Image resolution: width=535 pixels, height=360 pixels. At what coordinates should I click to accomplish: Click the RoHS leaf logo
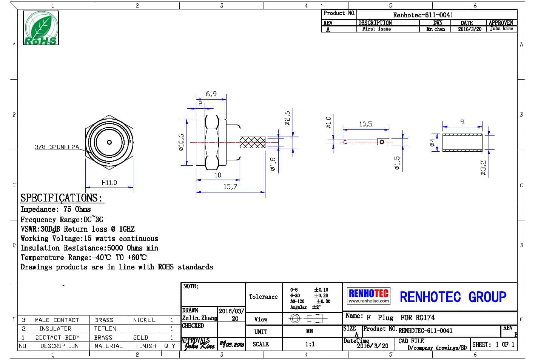click(x=41, y=28)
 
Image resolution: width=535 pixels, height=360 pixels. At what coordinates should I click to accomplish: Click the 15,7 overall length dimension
click(x=230, y=187)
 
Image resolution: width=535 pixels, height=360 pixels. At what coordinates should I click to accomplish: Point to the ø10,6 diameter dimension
click(x=182, y=142)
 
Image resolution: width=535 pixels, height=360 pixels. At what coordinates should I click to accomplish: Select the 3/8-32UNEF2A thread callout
click(x=57, y=147)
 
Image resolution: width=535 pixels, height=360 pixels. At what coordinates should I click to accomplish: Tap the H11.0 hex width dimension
click(x=109, y=183)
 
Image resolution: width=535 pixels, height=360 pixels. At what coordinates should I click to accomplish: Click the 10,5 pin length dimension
click(x=365, y=124)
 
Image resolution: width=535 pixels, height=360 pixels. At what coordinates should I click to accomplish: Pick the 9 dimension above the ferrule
click(x=462, y=122)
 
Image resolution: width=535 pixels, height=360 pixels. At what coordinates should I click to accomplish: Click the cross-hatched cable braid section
click(x=253, y=142)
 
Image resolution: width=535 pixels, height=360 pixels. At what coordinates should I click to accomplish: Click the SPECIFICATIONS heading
click(x=61, y=198)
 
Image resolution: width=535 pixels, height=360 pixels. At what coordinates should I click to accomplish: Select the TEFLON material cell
click(x=105, y=329)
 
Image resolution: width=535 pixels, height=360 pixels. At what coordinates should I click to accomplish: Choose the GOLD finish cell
click(x=140, y=337)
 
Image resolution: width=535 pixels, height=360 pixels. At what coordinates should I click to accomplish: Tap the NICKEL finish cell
click(x=144, y=320)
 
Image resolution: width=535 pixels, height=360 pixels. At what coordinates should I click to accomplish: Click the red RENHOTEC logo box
click(x=368, y=295)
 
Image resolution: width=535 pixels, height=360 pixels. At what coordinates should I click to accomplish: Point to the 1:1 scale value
click(x=310, y=344)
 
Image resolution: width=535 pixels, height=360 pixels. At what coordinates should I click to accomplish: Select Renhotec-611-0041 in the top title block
click(x=423, y=15)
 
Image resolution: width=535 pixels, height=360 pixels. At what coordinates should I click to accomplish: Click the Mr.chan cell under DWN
click(x=436, y=29)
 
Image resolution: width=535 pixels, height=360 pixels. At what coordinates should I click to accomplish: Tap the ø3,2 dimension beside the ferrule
click(x=483, y=168)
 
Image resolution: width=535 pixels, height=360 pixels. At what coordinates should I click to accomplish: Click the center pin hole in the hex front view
click(x=109, y=143)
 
